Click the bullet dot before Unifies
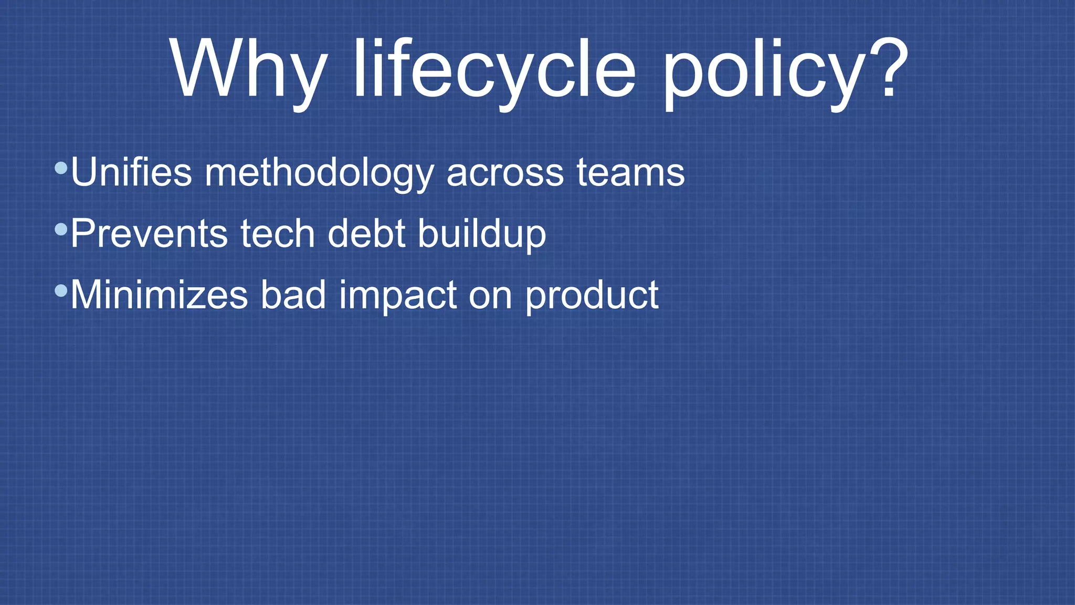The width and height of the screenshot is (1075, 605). pos(61,168)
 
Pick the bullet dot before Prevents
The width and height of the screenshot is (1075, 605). pos(61,229)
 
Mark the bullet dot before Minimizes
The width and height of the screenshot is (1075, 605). pos(61,290)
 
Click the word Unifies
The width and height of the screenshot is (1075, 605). pos(131,172)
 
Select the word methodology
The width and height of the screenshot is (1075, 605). pos(319,173)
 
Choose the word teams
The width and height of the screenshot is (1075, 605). pos(630,172)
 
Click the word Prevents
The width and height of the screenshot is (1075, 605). pos(149,233)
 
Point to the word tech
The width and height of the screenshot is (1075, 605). pos(278,233)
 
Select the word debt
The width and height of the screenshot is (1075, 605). pos(366,233)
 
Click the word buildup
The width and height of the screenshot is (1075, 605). pos(482,234)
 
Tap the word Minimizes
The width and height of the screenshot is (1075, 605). pos(159,295)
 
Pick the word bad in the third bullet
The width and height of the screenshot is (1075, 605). pos(293,295)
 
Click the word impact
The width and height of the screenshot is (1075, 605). pos(397,296)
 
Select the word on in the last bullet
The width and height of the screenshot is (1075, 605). pos(490,296)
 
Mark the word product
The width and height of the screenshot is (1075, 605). pos(592,296)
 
